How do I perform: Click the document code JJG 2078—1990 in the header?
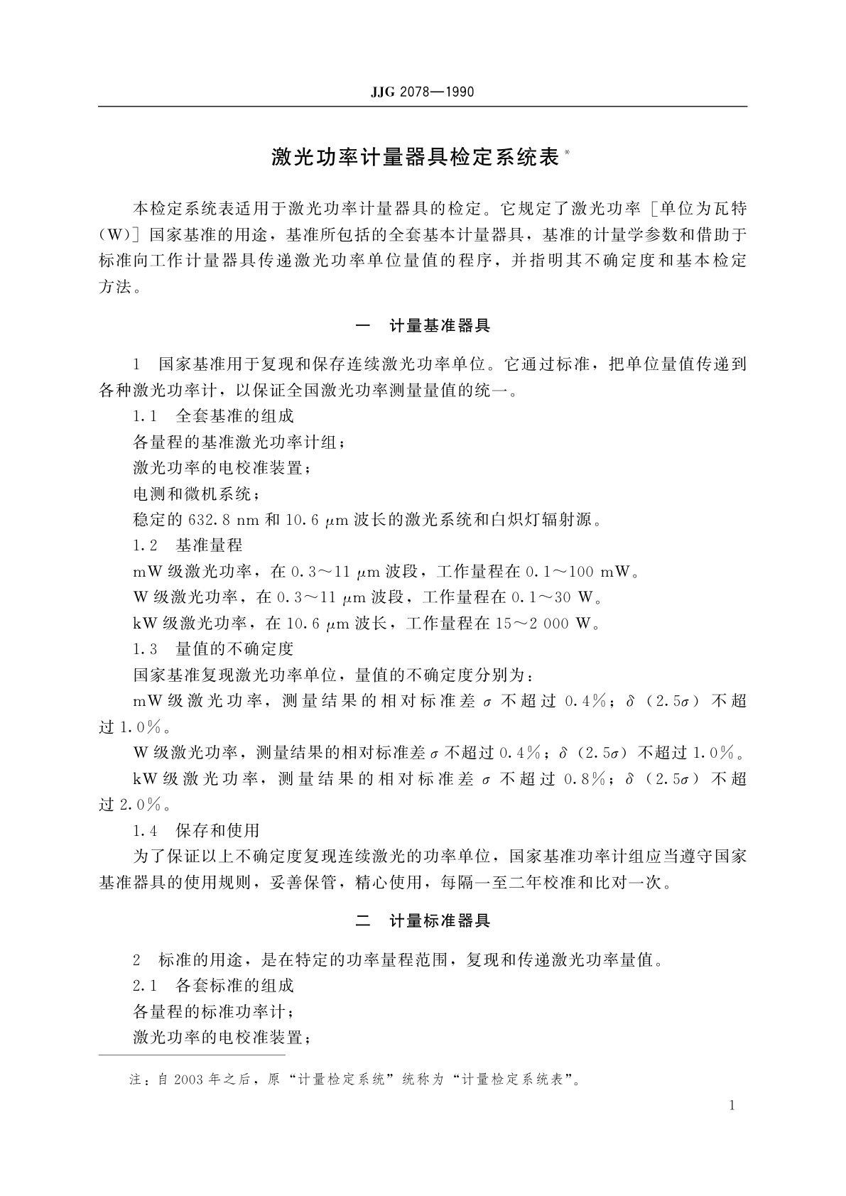click(x=422, y=92)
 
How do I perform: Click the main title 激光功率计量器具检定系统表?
click(x=416, y=157)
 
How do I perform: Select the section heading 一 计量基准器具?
click(x=422, y=326)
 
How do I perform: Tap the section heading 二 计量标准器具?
click(x=422, y=921)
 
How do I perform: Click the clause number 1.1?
click(x=144, y=416)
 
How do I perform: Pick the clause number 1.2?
click(x=144, y=545)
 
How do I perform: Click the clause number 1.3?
click(x=144, y=649)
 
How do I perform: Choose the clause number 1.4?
click(x=144, y=830)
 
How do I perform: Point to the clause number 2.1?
click(x=144, y=986)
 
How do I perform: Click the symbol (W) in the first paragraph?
click(x=114, y=235)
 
